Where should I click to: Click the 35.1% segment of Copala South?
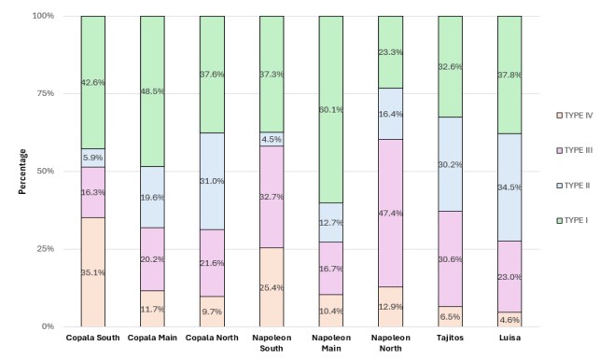pyautogui.click(x=93, y=272)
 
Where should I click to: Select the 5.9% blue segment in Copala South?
pyautogui.click(x=93, y=158)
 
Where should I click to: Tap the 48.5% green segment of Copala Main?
pyautogui.click(x=152, y=91)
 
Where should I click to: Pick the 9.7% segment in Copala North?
pyautogui.click(x=212, y=312)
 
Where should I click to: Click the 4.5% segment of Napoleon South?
pyautogui.click(x=272, y=139)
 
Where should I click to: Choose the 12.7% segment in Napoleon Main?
pyautogui.click(x=331, y=222)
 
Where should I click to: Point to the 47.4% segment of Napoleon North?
pyautogui.click(x=391, y=213)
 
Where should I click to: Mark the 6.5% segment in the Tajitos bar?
pyautogui.click(x=451, y=316)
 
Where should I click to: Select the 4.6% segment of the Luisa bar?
pyautogui.click(x=509, y=320)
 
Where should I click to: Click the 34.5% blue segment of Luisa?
pyautogui.click(x=509, y=187)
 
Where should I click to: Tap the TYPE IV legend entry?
pyautogui.click(x=575, y=115)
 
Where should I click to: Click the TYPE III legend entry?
pyautogui.click(x=575, y=150)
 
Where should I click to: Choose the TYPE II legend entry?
pyautogui.click(x=573, y=186)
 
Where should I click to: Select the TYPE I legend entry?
pyautogui.click(x=572, y=220)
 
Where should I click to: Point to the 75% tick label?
pyautogui.click(x=45, y=93)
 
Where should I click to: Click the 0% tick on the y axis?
pyautogui.click(x=48, y=326)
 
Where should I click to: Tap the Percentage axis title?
pyautogui.click(x=22, y=172)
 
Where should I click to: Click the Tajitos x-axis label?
pyautogui.click(x=450, y=338)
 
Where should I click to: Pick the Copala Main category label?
pyautogui.click(x=152, y=338)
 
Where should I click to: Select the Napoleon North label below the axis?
pyautogui.click(x=391, y=343)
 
